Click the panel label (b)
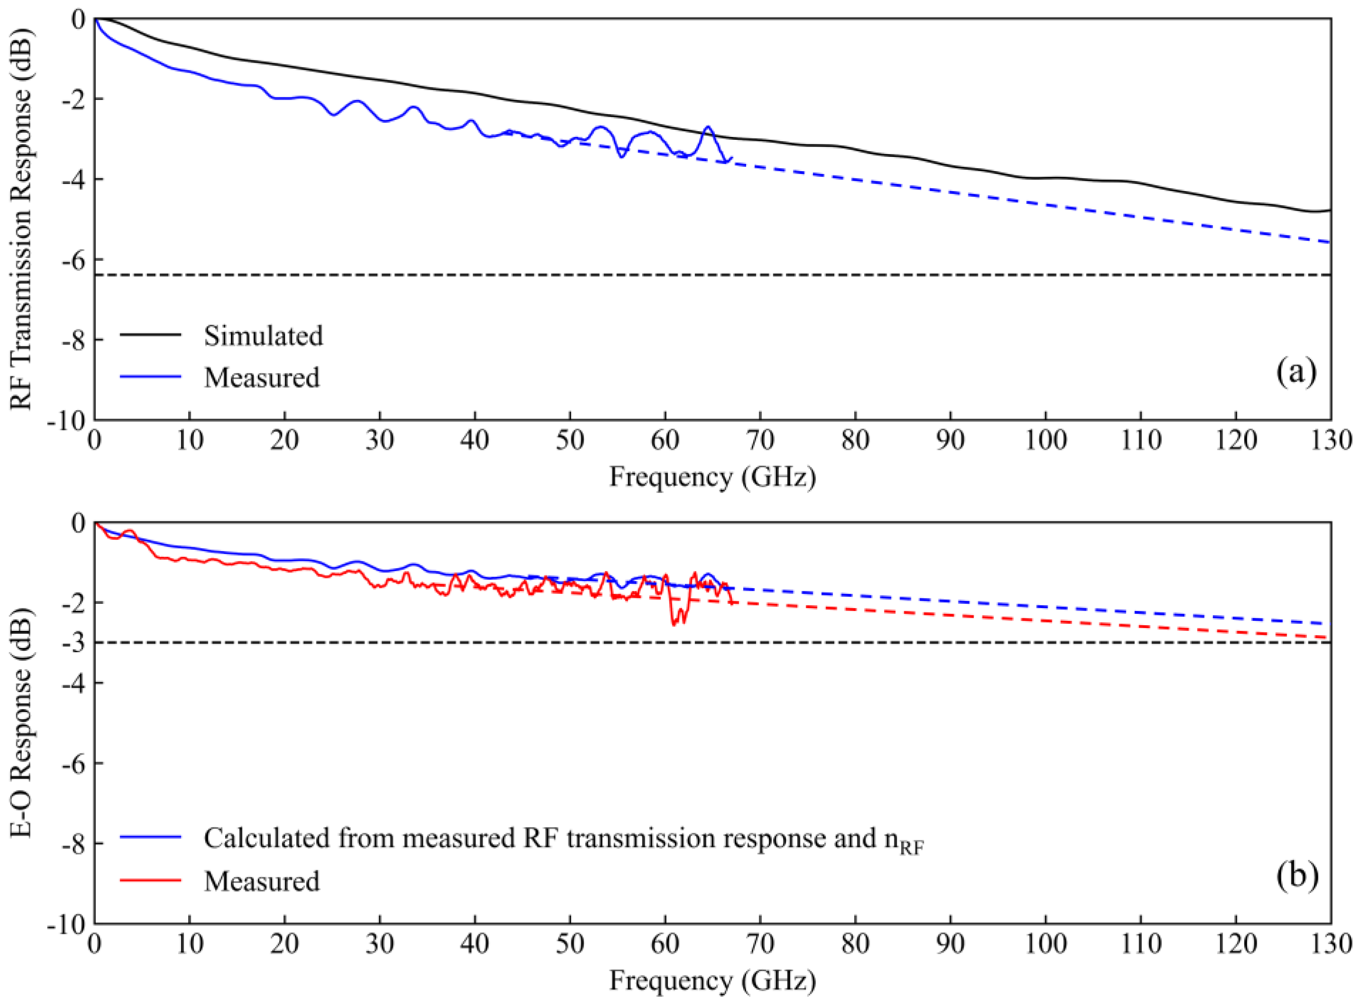click(1296, 875)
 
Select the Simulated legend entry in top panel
click(263, 336)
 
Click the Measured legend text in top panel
click(261, 377)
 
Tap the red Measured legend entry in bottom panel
click(261, 881)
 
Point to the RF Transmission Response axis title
click(22, 219)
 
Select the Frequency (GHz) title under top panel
click(712, 476)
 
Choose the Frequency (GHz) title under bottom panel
click(712, 980)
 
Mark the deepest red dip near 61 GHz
click(673, 624)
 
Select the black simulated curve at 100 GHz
click(1046, 178)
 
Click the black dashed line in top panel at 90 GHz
click(950, 275)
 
